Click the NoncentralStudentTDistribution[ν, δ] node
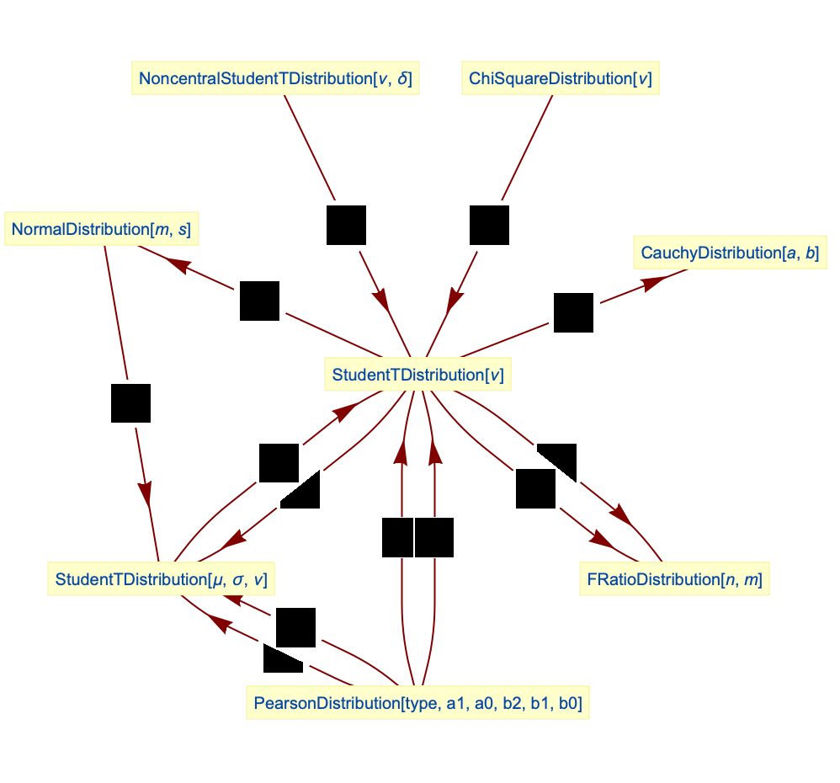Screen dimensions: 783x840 pos(274,79)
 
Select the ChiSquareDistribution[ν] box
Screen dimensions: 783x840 pos(560,79)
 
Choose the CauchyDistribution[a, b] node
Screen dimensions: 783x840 pos(729,253)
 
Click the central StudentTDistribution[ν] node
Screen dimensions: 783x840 pos(417,375)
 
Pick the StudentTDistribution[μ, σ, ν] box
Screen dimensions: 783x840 pos(161,579)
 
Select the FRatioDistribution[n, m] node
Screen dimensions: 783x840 pos(674,579)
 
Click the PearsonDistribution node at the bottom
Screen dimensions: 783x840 pos(417,702)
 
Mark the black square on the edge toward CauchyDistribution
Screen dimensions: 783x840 pos(573,312)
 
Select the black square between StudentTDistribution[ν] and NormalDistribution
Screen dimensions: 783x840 pos(259,301)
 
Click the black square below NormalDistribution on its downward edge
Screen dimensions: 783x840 pos(130,402)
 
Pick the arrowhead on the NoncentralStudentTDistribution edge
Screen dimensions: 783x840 pos(380,298)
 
